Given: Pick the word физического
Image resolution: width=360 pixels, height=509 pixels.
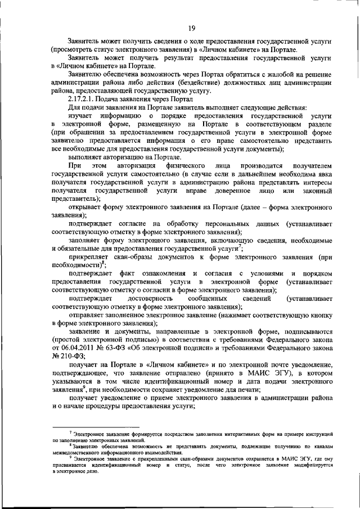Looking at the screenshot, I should (x=181, y=167).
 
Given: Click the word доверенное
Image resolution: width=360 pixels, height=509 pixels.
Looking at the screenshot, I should (x=229, y=191).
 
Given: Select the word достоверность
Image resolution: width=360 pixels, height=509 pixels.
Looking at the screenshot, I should (x=150, y=296).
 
